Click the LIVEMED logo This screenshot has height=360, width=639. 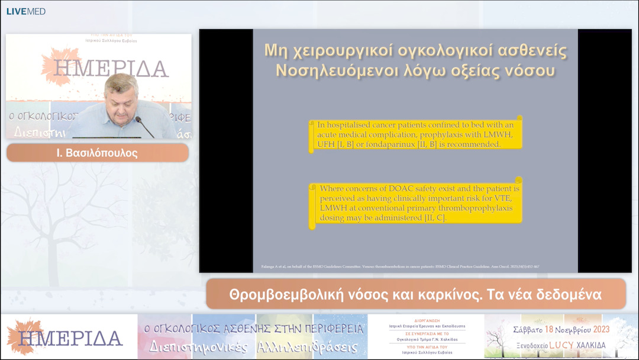coord(25,11)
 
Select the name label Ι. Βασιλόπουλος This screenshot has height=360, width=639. coord(97,153)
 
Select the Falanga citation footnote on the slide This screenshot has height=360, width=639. coord(400,266)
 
